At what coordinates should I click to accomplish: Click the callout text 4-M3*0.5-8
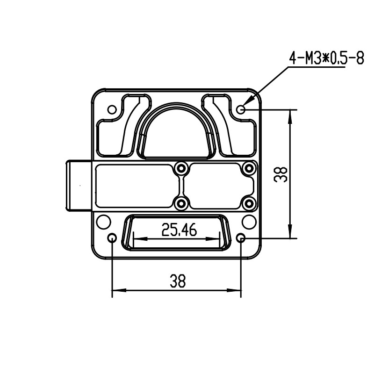[326, 58]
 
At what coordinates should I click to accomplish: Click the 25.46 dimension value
[179, 230]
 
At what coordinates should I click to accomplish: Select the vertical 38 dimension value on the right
[280, 174]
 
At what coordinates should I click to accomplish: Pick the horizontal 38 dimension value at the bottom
[178, 281]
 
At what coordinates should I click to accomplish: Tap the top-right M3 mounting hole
[241, 110]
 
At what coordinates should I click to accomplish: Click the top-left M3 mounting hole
[112, 110]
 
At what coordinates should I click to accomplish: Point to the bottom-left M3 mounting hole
[112, 238]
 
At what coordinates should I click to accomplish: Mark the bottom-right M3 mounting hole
[241, 238]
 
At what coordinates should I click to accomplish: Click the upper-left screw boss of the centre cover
[181, 168]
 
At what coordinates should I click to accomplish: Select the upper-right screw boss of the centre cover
[249, 168]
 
